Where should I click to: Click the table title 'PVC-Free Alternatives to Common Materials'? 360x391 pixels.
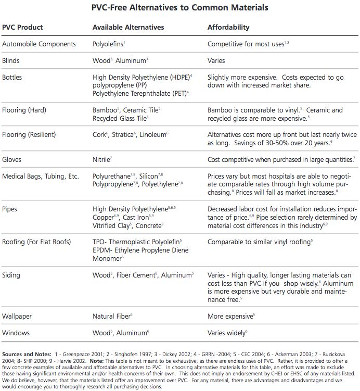click(x=181, y=8)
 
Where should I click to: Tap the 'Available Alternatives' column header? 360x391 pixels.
click(x=128, y=27)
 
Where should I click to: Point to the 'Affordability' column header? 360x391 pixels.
click(x=228, y=27)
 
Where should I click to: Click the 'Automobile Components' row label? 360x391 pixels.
click(x=39, y=44)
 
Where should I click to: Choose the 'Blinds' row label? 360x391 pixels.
click(x=11, y=60)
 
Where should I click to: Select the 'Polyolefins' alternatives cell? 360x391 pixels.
click(x=108, y=44)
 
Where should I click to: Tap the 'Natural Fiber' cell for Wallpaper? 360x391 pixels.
click(x=111, y=316)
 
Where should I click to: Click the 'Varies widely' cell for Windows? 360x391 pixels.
click(x=226, y=333)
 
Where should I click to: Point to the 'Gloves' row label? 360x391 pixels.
click(x=12, y=160)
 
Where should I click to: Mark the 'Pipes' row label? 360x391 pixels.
click(x=10, y=209)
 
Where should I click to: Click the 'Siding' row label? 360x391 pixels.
click(x=11, y=275)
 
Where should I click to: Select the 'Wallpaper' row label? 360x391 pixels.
click(x=16, y=316)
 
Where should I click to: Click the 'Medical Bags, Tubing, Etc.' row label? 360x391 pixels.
click(x=41, y=176)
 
